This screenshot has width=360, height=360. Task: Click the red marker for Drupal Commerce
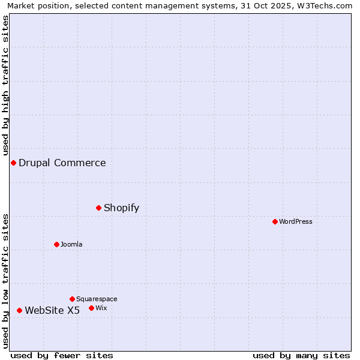pos(13,163)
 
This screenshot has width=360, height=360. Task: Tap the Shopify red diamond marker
pos(99,208)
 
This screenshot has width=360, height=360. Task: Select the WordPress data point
pos(275,222)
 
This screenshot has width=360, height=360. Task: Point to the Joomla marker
pos(57,245)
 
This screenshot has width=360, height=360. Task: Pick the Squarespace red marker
pos(73,299)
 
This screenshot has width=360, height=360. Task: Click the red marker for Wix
pos(92,308)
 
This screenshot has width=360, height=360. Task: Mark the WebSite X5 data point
pos(20,311)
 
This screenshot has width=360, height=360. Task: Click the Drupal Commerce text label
pos(62,163)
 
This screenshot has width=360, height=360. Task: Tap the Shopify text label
pos(121,208)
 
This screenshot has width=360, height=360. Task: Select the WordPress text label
pos(296,222)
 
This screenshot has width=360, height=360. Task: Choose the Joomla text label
pos(71,245)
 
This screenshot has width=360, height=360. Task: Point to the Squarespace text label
pos(97,299)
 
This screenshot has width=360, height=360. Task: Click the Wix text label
pos(101,308)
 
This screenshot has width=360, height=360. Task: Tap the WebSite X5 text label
pos(52,311)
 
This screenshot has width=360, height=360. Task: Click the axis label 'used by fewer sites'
pos(62,356)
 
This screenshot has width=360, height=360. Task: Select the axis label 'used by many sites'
pos(301,356)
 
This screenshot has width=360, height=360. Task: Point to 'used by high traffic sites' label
pos(5,85)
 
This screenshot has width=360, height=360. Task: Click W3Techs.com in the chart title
pos(326,6)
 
